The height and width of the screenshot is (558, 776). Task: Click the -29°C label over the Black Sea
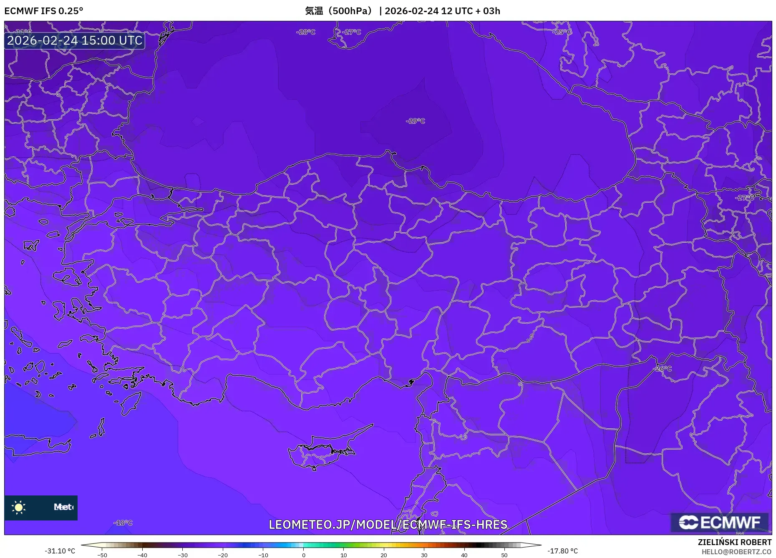pyautogui.click(x=415, y=121)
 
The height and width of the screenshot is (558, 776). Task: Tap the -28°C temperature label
pyautogui.click(x=306, y=32)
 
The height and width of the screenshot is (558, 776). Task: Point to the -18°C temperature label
pyautogui.click(x=123, y=523)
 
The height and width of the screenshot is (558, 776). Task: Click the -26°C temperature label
pyautogui.click(x=663, y=369)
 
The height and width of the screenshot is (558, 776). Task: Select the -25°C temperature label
pyautogui.click(x=562, y=32)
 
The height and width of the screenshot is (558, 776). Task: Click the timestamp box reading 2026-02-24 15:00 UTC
pyautogui.click(x=75, y=40)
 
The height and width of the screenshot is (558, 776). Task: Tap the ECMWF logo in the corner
pyautogui.click(x=720, y=522)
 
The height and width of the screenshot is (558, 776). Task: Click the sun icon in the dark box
pyautogui.click(x=19, y=508)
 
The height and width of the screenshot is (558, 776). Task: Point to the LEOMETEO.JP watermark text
pyautogui.click(x=388, y=524)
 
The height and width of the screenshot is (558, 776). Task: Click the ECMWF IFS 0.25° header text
pyautogui.click(x=44, y=11)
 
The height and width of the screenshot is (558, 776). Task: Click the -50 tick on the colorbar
pyautogui.click(x=102, y=555)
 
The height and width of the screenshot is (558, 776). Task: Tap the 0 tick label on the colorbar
pyautogui.click(x=304, y=555)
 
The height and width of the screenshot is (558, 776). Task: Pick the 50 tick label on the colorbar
pyautogui.click(x=504, y=555)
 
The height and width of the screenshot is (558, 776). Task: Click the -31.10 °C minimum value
pyautogui.click(x=60, y=551)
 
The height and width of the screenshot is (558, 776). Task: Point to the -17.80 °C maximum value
pyautogui.click(x=563, y=551)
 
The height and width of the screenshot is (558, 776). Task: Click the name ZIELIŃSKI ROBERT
pyautogui.click(x=735, y=542)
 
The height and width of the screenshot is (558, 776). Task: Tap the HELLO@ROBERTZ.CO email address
pyautogui.click(x=736, y=552)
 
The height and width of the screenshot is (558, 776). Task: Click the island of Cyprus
pyautogui.click(x=321, y=452)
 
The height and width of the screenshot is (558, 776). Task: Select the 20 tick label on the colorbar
pyautogui.click(x=384, y=555)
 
